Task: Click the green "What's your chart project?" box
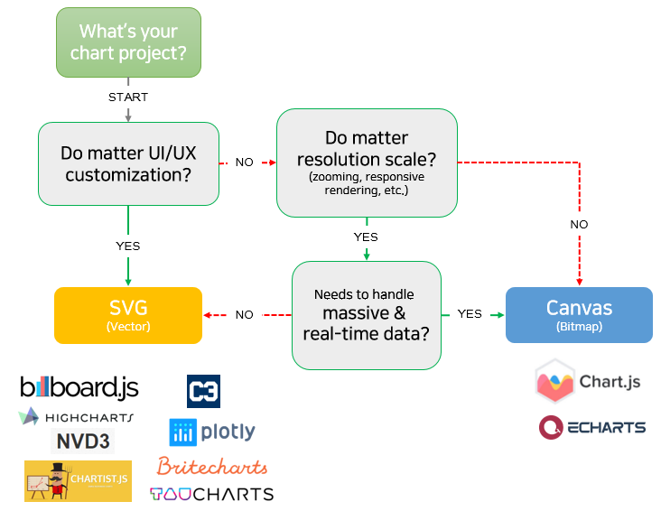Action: click(128, 42)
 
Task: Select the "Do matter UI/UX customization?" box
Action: click(128, 163)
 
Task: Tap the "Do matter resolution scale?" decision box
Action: click(366, 163)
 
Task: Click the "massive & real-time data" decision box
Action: click(366, 315)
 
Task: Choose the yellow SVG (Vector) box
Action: click(128, 315)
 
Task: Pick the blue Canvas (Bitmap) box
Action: click(579, 315)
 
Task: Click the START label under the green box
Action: click(128, 97)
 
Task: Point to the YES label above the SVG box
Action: click(128, 245)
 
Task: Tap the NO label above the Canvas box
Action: click(579, 224)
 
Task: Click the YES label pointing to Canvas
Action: click(470, 314)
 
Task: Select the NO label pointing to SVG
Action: click(245, 315)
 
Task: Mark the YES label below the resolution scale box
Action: click(366, 237)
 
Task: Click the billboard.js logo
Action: click(79, 388)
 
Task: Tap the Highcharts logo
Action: click(76, 417)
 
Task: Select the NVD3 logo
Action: click(84, 441)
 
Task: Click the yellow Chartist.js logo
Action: click(78, 480)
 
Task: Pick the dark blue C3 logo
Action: click(203, 391)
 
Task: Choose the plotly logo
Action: click(213, 432)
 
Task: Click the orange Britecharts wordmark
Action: click(212, 467)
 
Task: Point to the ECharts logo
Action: click(592, 427)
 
